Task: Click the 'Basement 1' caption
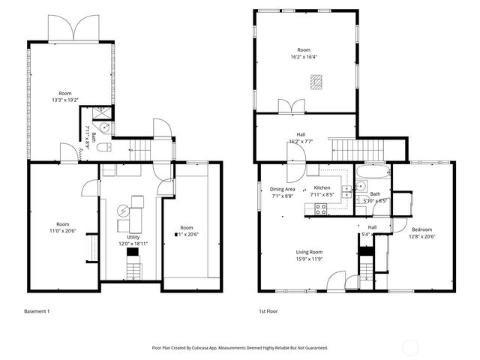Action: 37,310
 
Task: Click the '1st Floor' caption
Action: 268,310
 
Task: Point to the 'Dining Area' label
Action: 282,188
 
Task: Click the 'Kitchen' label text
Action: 322,187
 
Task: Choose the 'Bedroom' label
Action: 423,229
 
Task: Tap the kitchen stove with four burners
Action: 320,211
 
